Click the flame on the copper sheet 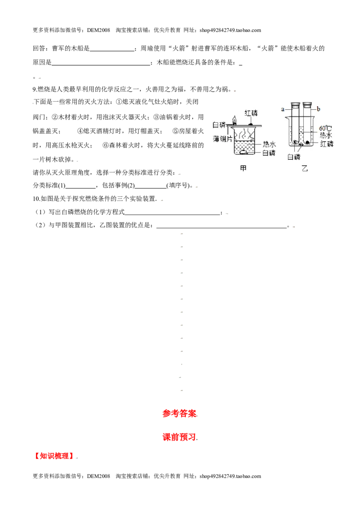(234, 120)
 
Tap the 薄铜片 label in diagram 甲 (223, 138)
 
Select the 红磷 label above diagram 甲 (251, 113)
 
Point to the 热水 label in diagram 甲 (269, 144)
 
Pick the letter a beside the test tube (283, 109)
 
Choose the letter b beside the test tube (319, 109)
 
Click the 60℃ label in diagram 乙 (325, 128)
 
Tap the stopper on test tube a (296, 105)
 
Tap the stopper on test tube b (307, 105)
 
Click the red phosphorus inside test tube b (307, 142)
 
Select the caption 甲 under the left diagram (243, 168)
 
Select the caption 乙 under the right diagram (305, 168)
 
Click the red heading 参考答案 (180, 413)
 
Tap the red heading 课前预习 (180, 437)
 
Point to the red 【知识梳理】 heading (54, 456)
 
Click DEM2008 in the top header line (99, 30)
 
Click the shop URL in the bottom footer (230, 476)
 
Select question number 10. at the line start (37, 199)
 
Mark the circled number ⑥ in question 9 (106, 145)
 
